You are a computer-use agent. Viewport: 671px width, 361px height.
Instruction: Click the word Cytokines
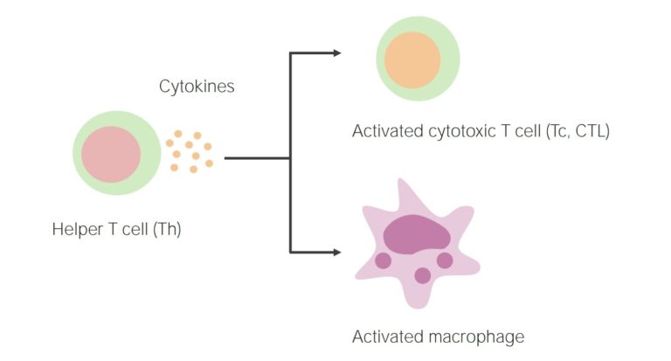pyautogui.click(x=197, y=87)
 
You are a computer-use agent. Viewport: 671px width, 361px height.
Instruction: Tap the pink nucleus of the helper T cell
pyautogui.click(x=111, y=154)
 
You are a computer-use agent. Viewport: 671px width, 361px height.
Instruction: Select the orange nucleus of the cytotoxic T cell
pyautogui.click(x=412, y=60)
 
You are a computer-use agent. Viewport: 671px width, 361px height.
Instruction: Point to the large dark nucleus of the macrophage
pyautogui.click(x=417, y=234)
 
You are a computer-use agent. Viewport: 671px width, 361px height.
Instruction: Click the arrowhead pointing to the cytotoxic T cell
pyautogui.click(x=337, y=53)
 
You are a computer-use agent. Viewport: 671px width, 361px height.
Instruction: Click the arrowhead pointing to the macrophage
pyautogui.click(x=337, y=253)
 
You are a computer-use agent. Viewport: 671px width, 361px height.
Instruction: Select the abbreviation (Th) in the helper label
pyautogui.click(x=168, y=229)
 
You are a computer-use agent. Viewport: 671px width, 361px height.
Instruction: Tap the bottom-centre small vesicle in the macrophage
pyautogui.click(x=423, y=276)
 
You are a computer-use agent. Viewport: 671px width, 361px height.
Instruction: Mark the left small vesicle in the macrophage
pyautogui.click(x=383, y=260)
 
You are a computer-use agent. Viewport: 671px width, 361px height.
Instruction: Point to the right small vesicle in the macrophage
pyautogui.click(x=445, y=260)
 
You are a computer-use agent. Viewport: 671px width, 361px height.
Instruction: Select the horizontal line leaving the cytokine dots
pyautogui.click(x=257, y=158)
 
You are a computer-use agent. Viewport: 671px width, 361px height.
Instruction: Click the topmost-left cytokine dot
pyautogui.click(x=178, y=134)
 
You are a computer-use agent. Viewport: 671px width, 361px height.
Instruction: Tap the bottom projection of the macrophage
pyautogui.click(x=418, y=300)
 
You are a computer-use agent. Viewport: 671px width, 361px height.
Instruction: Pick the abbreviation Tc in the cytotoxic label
pyautogui.click(x=557, y=131)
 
